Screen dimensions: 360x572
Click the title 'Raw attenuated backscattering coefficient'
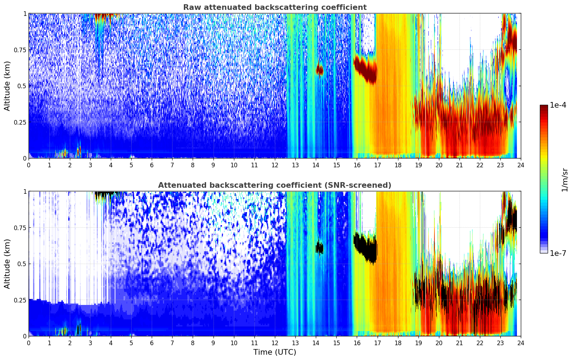(x=275, y=7)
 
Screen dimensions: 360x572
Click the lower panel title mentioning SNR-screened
(x=275, y=185)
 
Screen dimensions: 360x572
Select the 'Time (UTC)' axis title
(x=275, y=352)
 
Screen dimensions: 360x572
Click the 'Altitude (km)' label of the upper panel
(x=7, y=86)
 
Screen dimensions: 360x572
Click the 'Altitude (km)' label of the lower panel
(x=7, y=264)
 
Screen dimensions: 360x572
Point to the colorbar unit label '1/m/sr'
(x=565, y=179)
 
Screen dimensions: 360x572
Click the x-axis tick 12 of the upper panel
(x=275, y=165)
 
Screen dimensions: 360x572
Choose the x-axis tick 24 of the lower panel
(x=521, y=343)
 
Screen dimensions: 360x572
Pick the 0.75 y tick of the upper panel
(x=20, y=50)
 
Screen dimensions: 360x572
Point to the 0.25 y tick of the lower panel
(x=20, y=300)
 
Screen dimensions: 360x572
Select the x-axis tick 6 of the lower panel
(x=152, y=343)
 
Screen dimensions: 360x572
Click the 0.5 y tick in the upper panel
(x=22, y=86)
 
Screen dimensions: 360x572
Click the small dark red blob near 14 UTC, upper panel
(x=319, y=70)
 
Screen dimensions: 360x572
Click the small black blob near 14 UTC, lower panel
(x=319, y=248)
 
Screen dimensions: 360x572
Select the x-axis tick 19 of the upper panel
(x=419, y=165)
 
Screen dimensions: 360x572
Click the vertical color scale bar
(x=544, y=179)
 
